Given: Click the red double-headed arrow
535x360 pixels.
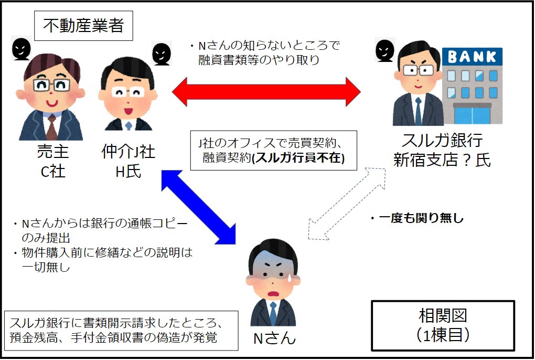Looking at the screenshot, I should [x=266, y=92].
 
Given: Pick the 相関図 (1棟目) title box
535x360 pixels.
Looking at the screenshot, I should [x=443, y=325].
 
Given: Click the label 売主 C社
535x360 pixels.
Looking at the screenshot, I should [x=52, y=161].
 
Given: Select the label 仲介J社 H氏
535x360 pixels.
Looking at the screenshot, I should [x=128, y=161].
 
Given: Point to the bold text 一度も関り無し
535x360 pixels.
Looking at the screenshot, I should [x=417, y=218].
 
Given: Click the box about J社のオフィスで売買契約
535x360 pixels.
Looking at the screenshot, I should [x=273, y=150].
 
